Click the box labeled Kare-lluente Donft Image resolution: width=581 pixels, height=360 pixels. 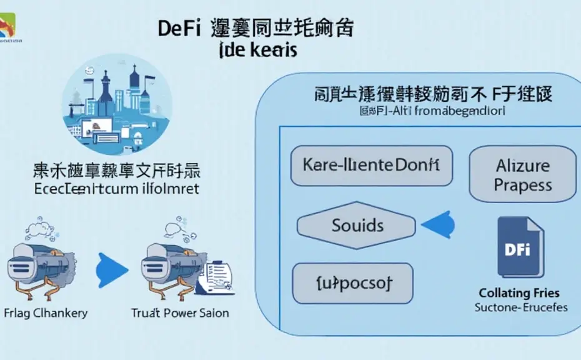[x=371, y=166]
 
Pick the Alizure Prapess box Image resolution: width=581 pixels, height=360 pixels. [x=522, y=176]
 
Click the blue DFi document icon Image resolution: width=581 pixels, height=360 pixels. [x=520, y=247]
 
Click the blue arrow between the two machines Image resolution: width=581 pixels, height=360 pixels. [x=112, y=270]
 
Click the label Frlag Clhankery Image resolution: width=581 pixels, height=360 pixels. [x=46, y=313]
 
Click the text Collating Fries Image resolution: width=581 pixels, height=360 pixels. [x=519, y=292]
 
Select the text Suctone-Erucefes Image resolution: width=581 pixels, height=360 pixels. [x=520, y=307]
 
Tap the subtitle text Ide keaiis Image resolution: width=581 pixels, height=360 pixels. [x=257, y=51]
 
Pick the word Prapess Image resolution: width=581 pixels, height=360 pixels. [x=522, y=186]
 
